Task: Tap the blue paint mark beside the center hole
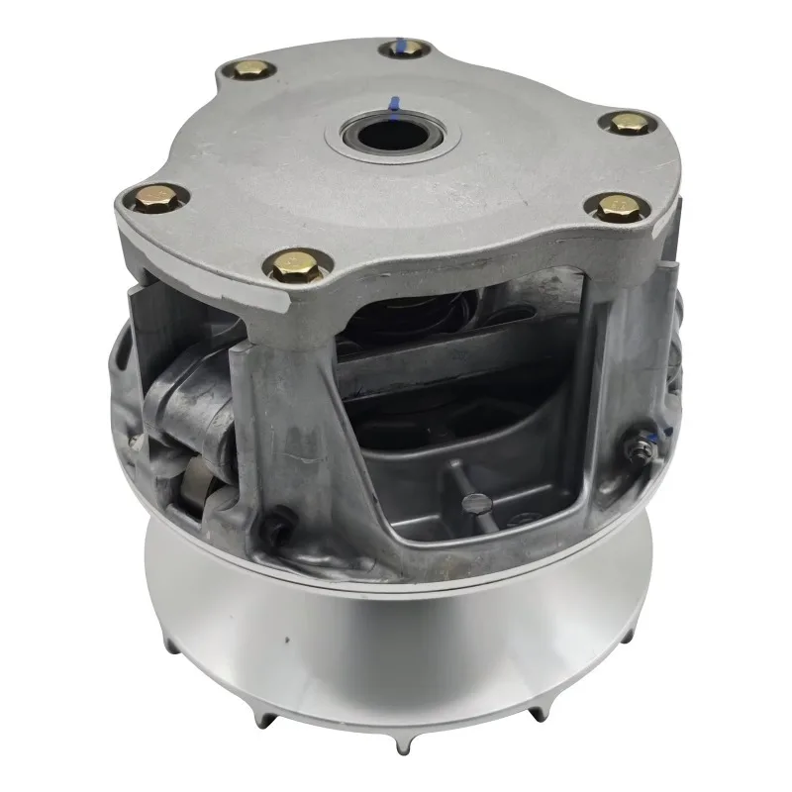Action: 393,103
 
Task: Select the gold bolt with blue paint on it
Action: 404,48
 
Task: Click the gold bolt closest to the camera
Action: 295,264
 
